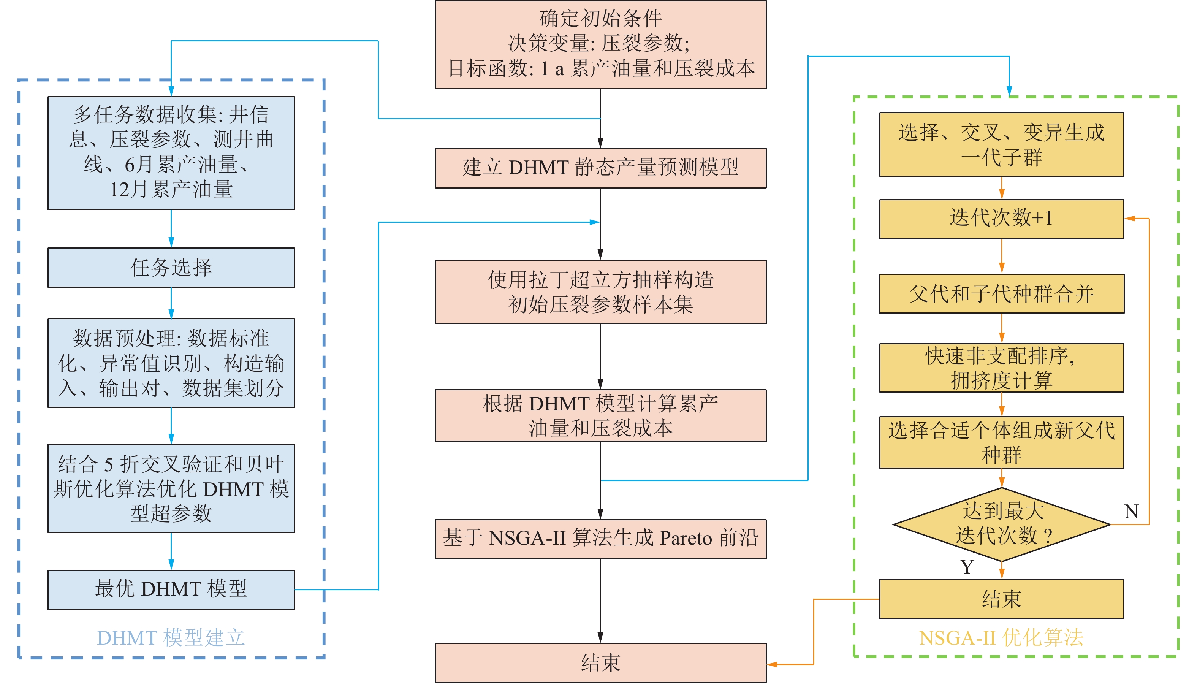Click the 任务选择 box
171,267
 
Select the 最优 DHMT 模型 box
171,589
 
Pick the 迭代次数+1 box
1001,219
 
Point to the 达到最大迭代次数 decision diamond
1001,524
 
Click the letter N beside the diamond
1131,511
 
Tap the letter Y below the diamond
967,567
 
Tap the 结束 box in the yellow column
1001,599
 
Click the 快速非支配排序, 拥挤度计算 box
1001,368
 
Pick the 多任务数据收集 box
171,153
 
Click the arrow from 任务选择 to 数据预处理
171,303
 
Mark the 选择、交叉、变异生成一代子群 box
1001,144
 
